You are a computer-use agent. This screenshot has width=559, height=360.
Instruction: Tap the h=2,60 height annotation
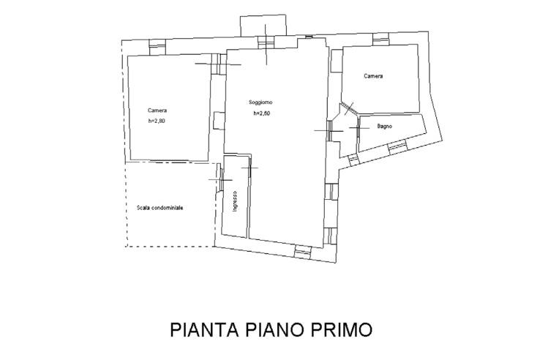pyautogui.click(x=263, y=114)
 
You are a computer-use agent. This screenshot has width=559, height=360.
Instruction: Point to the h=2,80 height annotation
pyautogui.click(x=157, y=121)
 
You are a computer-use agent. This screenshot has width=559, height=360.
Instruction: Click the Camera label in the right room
pyautogui.click(x=374, y=76)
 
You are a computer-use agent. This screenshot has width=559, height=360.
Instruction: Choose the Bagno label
pyautogui.click(x=385, y=127)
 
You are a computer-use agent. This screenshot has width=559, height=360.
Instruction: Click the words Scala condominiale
pyautogui.click(x=160, y=208)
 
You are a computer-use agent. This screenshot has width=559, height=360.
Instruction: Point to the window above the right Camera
pyautogui.click(x=380, y=39)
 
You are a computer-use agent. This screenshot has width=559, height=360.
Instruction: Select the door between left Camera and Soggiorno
pyautogui.click(x=217, y=64)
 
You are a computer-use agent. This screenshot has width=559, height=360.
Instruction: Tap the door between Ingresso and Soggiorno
pyautogui.click(x=249, y=168)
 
